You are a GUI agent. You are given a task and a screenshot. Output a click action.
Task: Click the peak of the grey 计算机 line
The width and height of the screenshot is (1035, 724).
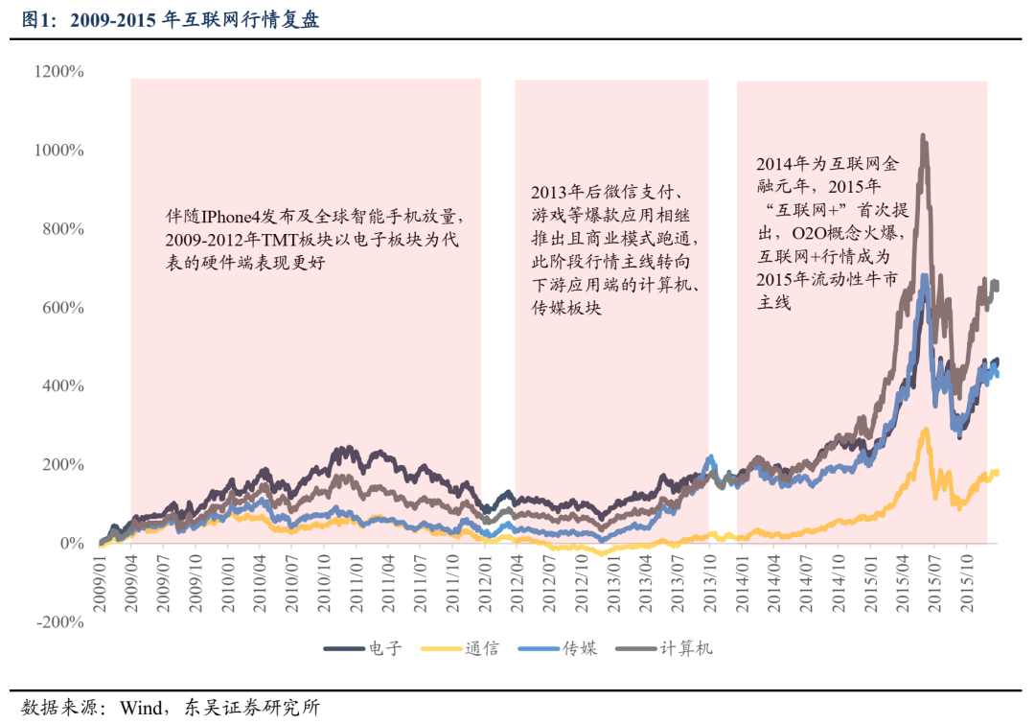(x=923, y=136)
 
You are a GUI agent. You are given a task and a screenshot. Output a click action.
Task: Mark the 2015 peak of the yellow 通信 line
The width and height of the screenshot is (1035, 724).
(x=925, y=430)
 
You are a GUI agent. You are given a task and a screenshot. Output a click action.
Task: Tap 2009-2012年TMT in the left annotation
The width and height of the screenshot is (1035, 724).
(x=227, y=239)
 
